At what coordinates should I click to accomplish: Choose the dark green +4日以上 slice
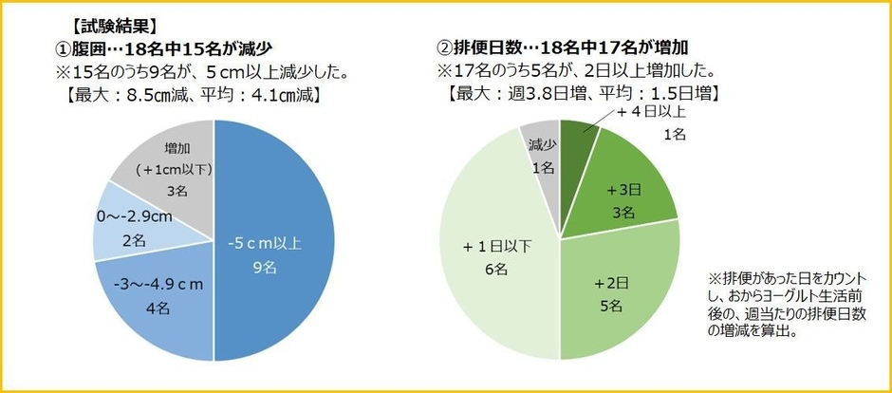(577, 138)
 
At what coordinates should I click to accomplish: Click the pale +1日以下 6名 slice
(493, 256)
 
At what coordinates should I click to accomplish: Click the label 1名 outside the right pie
(673, 135)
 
